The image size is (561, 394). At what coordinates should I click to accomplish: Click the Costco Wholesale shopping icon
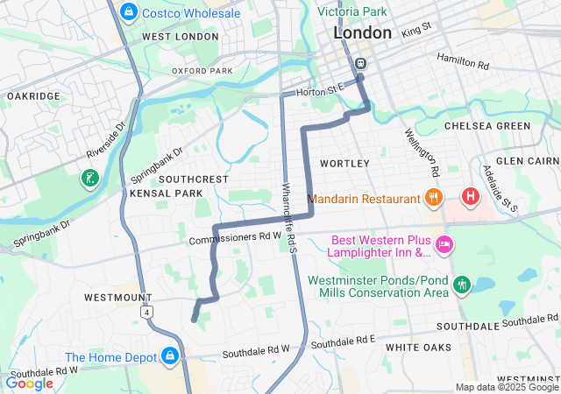click(x=129, y=12)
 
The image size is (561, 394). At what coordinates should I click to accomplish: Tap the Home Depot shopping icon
click(x=170, y=356)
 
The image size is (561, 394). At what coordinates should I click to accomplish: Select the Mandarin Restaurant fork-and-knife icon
click(x=431, y=198)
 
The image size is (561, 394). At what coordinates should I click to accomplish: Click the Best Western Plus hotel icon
click(x=443, y=245)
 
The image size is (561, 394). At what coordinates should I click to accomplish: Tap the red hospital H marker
click(x=471, y=195)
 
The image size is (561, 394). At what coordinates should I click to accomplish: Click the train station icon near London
click(x=360, y=63)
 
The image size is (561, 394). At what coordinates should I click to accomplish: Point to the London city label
click(x=362, y=33)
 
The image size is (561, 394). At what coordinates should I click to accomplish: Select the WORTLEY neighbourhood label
click(x=338, y=164)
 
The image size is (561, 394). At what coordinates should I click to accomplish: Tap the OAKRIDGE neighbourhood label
click(x=33, y=95)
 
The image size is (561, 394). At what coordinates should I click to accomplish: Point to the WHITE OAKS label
click(x=418, y=348)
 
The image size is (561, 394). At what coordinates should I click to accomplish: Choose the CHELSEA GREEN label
click(x=487, y=126)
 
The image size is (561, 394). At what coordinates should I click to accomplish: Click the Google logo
click(x=29, y=383)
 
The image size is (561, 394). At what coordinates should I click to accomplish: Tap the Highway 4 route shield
click(x=150, y=311)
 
